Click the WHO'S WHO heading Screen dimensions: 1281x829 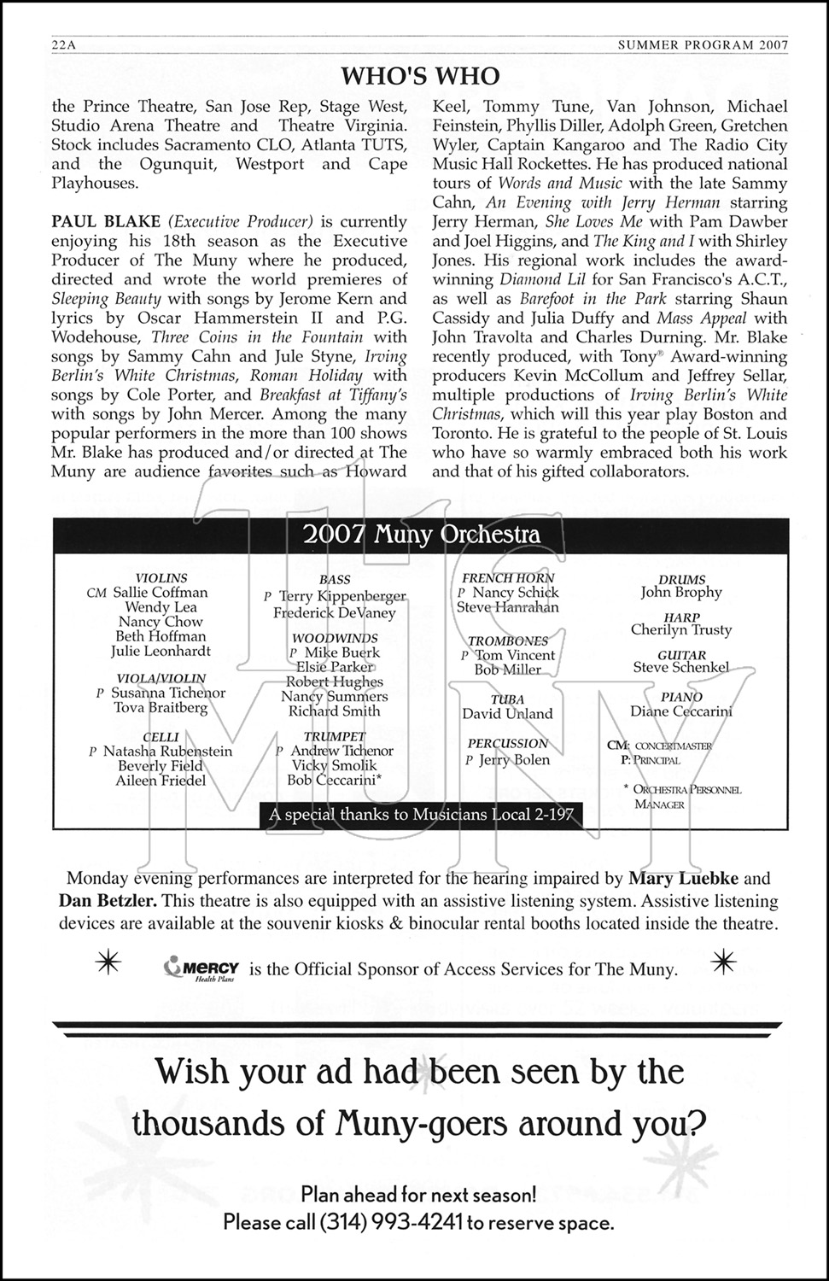click(x=420, y=76)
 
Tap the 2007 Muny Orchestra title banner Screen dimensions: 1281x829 click(x=421, y=535)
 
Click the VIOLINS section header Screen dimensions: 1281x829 click(x=161, y=578)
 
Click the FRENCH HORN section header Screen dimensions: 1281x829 click(x=508, y=578)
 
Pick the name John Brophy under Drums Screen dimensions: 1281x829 click(x=681, y=593)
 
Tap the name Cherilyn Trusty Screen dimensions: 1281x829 click(x=681, y=630)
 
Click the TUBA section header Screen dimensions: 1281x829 click(x=507, y=699)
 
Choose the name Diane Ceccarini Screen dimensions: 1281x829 click(x=681, y=711)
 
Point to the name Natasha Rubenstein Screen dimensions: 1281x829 click(x=167, y=752)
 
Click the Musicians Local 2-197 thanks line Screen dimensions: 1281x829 click(x=421, y=815)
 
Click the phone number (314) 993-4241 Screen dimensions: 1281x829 click(x=390, y=1222)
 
